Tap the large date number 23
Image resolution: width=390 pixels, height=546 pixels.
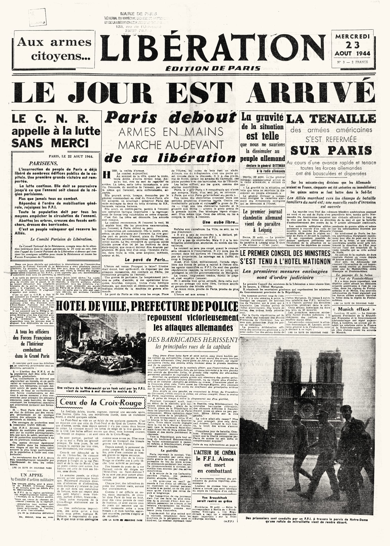352,45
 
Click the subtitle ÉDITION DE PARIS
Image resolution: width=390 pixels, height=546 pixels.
213,68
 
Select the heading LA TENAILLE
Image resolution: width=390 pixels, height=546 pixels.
331,119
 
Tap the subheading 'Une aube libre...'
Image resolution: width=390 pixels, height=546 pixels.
220,222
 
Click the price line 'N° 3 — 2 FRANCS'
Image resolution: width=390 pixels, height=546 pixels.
352,62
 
